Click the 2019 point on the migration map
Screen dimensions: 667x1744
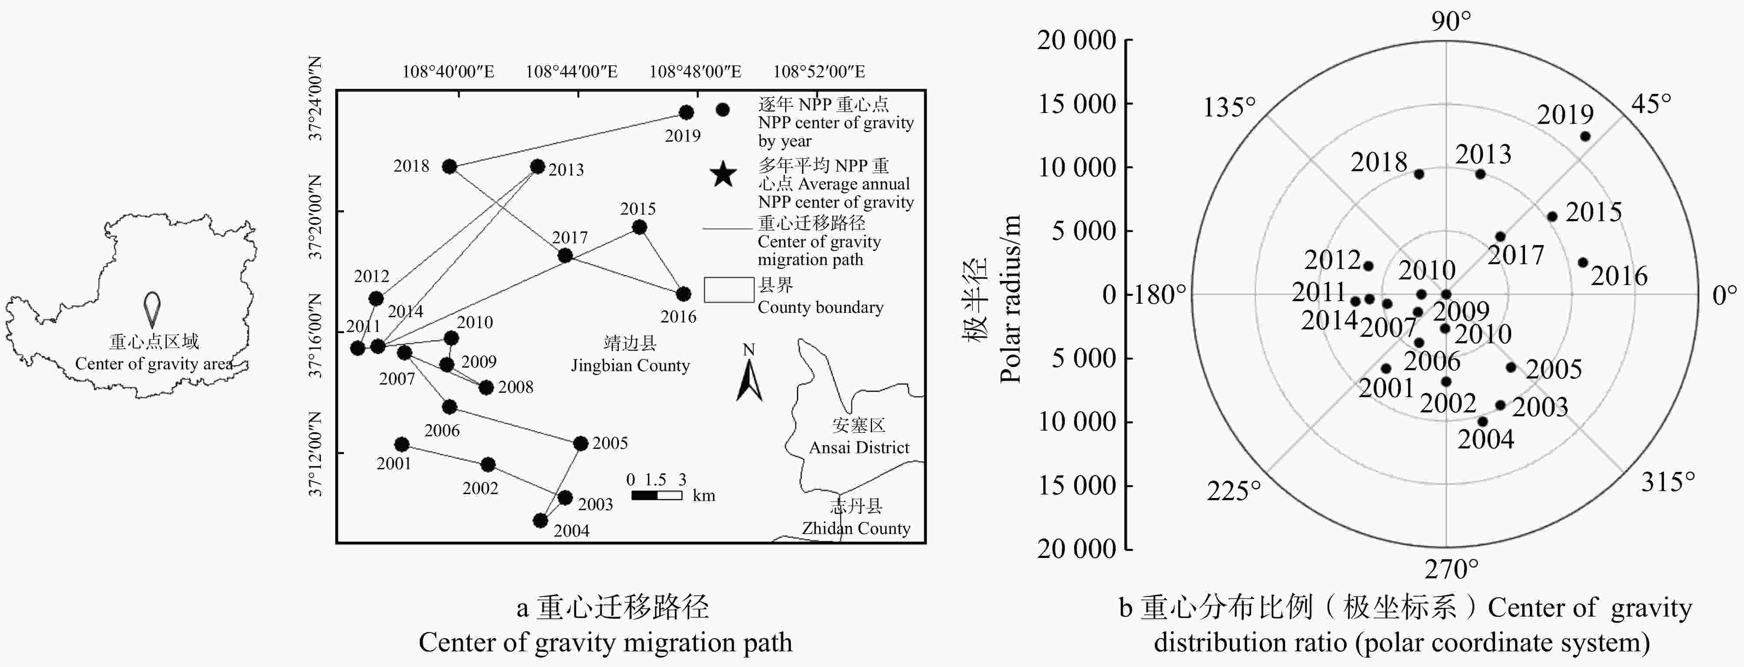tap(686, 113)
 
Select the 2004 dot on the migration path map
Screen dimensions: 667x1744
tap(540, 520)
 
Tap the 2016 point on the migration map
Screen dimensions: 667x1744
tap(683, 294)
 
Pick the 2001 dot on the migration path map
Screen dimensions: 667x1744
tap(401, 444)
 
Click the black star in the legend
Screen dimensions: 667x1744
tap(723, 175)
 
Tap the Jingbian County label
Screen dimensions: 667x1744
tap(630, 365)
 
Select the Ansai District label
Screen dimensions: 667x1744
tap(859, 447)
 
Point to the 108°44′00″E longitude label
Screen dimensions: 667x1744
tap(571, 72)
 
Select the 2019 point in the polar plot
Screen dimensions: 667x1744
tap(1585, 136)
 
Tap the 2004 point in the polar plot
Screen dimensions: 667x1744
tap(1482, 421)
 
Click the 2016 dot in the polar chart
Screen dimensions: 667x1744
tap(1583, 262)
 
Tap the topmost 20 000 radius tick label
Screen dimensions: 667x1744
tap(1077, 41)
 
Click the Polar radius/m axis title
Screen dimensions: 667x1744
tap(1009, 299)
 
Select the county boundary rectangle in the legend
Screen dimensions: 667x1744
tap(728, 290)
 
